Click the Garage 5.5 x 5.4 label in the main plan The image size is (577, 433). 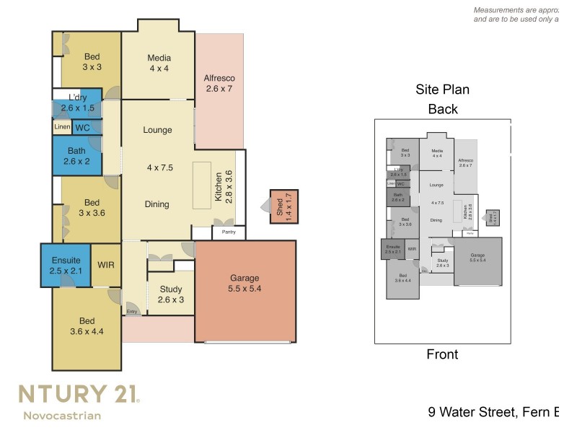(x=245, y=284)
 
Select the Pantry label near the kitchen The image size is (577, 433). (x=228, y=232)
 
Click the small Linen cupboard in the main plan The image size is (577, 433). (x=62, y=127)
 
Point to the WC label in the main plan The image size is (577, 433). (x=83, y=127)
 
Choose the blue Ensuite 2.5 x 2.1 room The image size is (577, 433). (x=66, y=265)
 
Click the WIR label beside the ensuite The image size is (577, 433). (x=106, y=265)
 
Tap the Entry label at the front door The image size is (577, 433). (x=132, y=312)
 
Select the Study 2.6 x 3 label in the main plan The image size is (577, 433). (x=171, y=294)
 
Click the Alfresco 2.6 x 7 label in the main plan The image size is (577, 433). (x=219, y=84)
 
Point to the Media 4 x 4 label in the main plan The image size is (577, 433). (x=158, y=64)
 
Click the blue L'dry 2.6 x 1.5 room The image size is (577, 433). (x=77, y=103)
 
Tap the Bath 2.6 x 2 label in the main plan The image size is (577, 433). (x=76, y=156)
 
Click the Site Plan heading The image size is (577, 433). (x=442, y=90)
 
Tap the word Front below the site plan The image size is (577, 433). (x=442, y=354)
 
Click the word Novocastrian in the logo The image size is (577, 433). (x=62, y=415)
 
